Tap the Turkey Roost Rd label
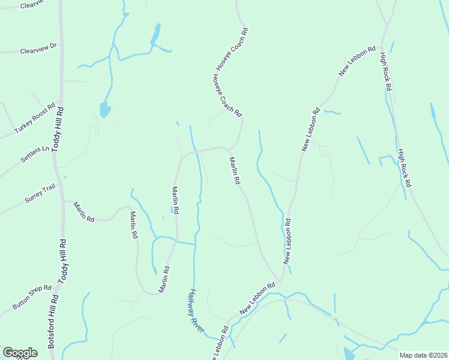click(x=35, y=118)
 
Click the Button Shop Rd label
click(x=32, y=298)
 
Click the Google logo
click(x=20, y=353)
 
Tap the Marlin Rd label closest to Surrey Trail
click(x=84, y=212)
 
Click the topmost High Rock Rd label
click(x=385, y=71)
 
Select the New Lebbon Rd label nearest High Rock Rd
click(x=357, y=61)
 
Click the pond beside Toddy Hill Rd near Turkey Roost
click(x=104, y=110)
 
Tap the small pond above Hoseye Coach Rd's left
click(x=156, y=34)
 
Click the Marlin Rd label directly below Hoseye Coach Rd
click(x=235, y=170)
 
